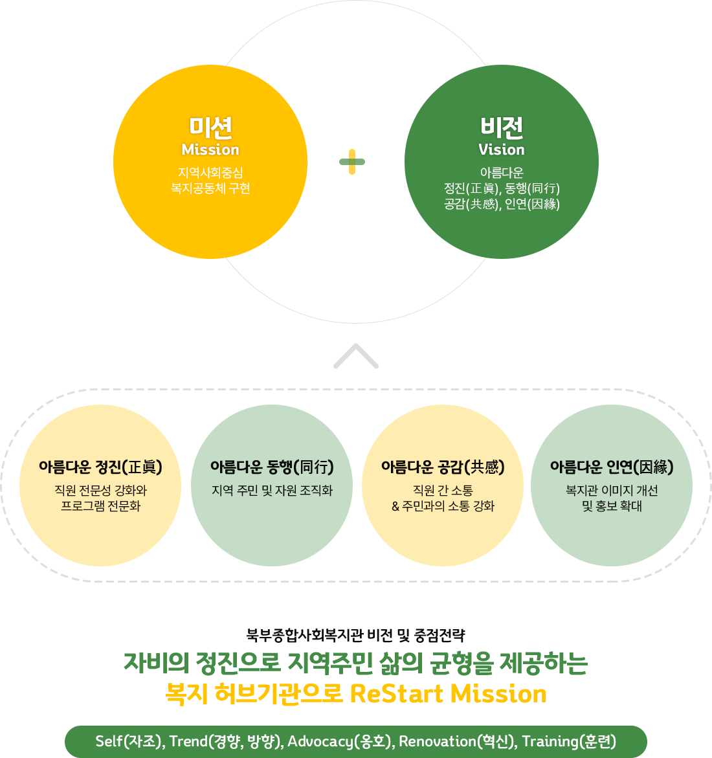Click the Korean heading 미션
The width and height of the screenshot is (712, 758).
(x=210, y=127)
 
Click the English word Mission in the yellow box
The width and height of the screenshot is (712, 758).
(x=210, y=150)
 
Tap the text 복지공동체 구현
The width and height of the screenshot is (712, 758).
(x=210, y=188)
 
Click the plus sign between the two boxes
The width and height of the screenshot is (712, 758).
(x=352, y=162)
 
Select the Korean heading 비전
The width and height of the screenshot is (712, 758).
(x=502, y=127)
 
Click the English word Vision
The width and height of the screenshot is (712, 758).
(x=502, y=150)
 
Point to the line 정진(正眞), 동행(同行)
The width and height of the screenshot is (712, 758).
(x=502, y=188)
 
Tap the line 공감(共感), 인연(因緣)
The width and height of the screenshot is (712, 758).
(x=502, y=204)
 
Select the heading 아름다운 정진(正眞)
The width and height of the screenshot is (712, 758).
(x=100, y=467)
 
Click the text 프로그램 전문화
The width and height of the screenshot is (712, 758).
(x=100, y=506)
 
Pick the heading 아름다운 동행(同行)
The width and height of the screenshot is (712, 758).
(x=272, y=467)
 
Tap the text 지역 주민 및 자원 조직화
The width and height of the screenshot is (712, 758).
(x=272, y=491)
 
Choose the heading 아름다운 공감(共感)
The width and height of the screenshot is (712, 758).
(x=443, y=467)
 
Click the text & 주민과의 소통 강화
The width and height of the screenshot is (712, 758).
(x=443, y=506)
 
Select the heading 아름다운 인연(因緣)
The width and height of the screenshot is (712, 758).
(x=612, y=467)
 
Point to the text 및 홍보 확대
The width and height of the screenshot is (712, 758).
(x=612, y=506)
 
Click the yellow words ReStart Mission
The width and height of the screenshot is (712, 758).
(x=448, y=694)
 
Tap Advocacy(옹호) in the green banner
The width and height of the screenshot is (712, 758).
(x=340, y=741)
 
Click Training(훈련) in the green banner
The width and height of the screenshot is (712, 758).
(x=569, y=741)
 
